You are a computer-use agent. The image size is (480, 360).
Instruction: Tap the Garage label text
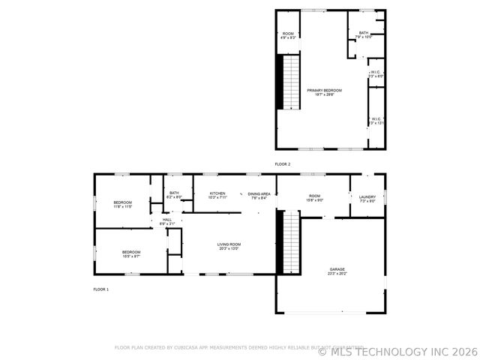[x=337, y=271]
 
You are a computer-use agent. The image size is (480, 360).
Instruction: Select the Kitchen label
[x=217, y=194]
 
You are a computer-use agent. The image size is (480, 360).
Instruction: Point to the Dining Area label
[x=259, y=194]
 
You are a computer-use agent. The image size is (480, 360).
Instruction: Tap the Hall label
[x=166, y=220]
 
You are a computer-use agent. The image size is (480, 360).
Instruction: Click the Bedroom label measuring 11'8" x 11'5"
[x=123, y=203]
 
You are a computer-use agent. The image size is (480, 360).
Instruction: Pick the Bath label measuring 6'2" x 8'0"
[x=174, y=194]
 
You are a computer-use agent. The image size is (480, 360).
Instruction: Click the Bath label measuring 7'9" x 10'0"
[x=364, y=34]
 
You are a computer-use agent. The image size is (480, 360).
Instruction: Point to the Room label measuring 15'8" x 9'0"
[x=315, y=196]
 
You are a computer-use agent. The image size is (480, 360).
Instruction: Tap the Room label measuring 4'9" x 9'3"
[x=288, y=34]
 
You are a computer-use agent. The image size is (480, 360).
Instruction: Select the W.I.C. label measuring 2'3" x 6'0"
[x=376, y=73]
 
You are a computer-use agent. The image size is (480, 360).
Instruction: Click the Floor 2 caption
[x=282, y=163]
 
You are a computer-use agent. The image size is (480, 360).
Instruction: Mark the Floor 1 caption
[x=100, y=289]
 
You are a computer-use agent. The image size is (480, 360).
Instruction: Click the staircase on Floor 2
[x=290, y=82]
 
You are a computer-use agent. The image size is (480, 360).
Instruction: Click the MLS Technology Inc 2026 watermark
[x=397, y=351]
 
